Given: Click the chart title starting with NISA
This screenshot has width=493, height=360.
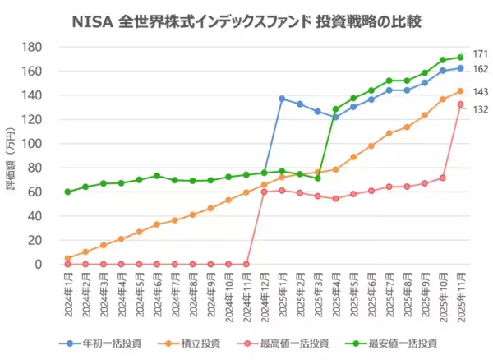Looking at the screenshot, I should (x=246, y=18).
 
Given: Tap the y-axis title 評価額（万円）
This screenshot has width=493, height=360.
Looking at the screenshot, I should (x=11, y=155).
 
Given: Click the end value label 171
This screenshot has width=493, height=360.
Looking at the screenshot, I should (x=481, y=53).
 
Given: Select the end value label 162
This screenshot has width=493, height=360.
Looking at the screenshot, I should (x=481, y=69).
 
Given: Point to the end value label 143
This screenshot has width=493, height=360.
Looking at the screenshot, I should (x=481, y=91).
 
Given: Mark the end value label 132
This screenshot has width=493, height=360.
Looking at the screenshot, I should (x=481, y=108).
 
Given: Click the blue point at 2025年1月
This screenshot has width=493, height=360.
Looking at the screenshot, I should (x=282, y=99).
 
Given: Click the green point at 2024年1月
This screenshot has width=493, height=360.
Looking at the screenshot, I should (x=67, y=192).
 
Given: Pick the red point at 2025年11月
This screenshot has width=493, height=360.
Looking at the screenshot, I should (x=461, y=104).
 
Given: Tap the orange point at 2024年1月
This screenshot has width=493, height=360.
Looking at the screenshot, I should (x=67, y=258).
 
